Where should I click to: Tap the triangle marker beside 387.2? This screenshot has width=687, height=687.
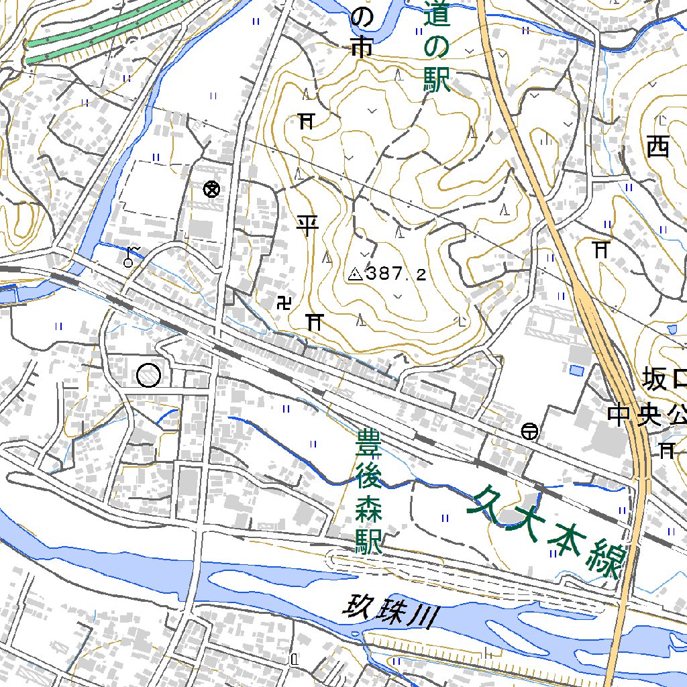point(355,274)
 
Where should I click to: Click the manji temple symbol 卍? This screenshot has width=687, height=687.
point(284,303)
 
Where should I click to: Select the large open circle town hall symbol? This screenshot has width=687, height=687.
point(148,375)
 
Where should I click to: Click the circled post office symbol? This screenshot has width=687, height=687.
point(529,431)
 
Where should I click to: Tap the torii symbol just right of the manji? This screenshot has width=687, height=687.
point(313,321)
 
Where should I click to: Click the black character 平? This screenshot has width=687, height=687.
point(307,225)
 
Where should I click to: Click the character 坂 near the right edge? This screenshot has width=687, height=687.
point(655,379)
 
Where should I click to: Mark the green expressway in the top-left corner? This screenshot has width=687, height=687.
point(101,30)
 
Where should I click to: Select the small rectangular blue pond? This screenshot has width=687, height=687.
point(576,370)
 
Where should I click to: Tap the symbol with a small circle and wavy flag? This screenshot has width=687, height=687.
point(131,256)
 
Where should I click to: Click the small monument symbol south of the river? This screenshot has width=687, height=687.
point(294,660)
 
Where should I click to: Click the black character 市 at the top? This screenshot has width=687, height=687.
point(361,48)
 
